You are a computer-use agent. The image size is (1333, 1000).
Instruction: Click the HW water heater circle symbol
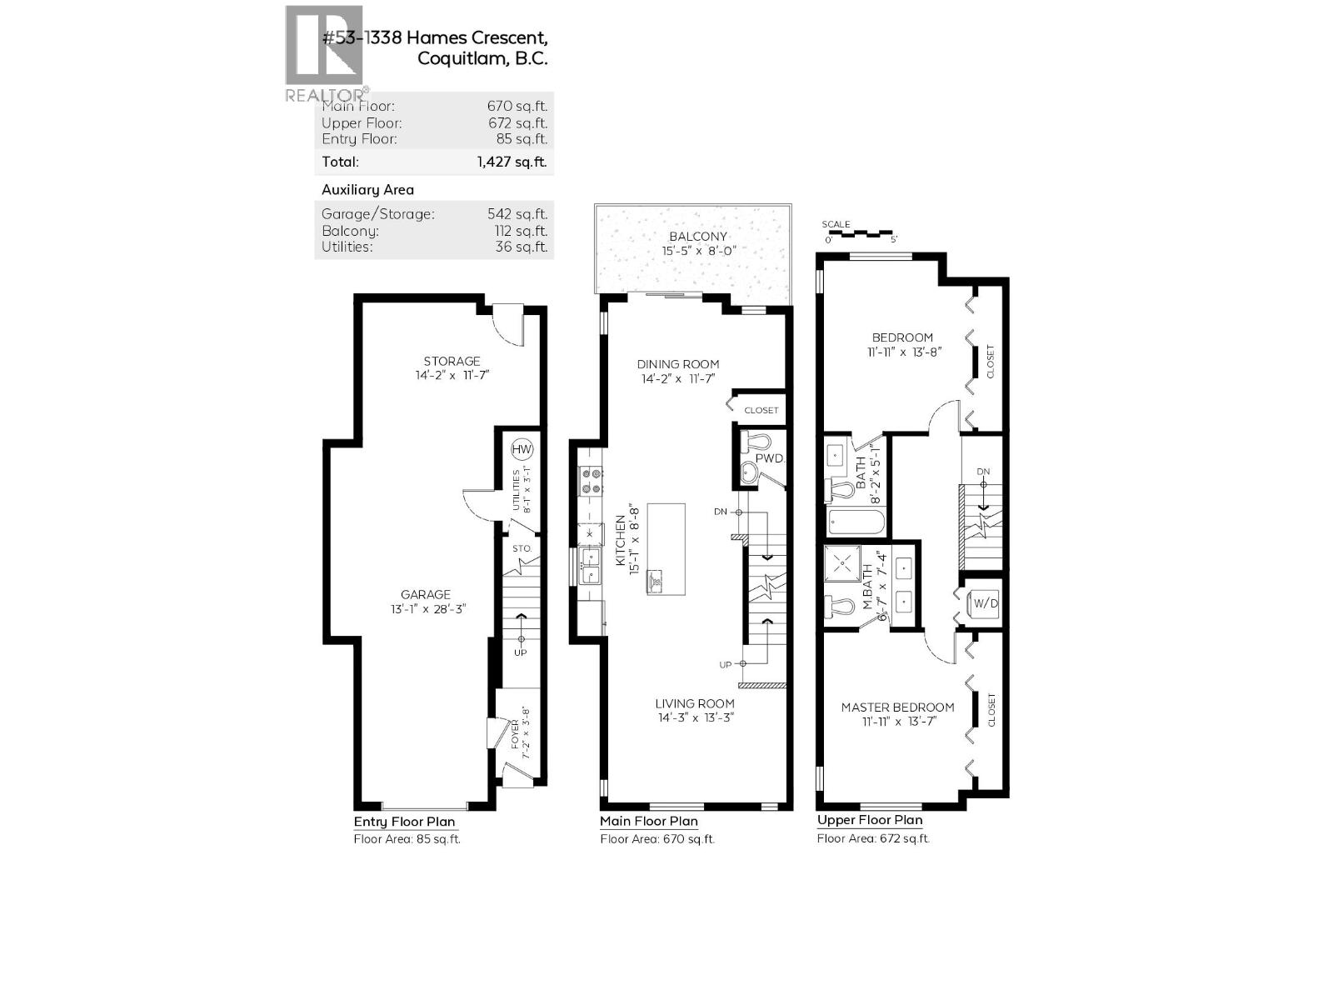click(522, 450)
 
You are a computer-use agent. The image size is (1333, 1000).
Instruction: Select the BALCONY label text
click(698, 237)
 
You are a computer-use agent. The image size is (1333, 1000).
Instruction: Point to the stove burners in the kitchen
click(591, 481)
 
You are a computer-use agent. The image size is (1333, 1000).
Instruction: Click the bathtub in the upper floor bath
click(856, 522)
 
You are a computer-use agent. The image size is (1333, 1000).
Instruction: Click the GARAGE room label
click(426, 594)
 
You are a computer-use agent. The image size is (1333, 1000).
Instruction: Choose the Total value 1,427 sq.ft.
click(512, 162)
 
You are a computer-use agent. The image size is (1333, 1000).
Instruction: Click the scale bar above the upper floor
click(858, 235)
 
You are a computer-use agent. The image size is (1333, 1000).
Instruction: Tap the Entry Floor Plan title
click(404, 822)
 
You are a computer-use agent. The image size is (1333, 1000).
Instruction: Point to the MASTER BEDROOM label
click(897, 707)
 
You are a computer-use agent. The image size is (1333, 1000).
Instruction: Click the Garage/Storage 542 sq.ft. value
click(517, 214)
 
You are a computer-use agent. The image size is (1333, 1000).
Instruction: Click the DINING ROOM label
click(678, 364)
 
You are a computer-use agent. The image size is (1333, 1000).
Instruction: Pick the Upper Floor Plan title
click(870, 820)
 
